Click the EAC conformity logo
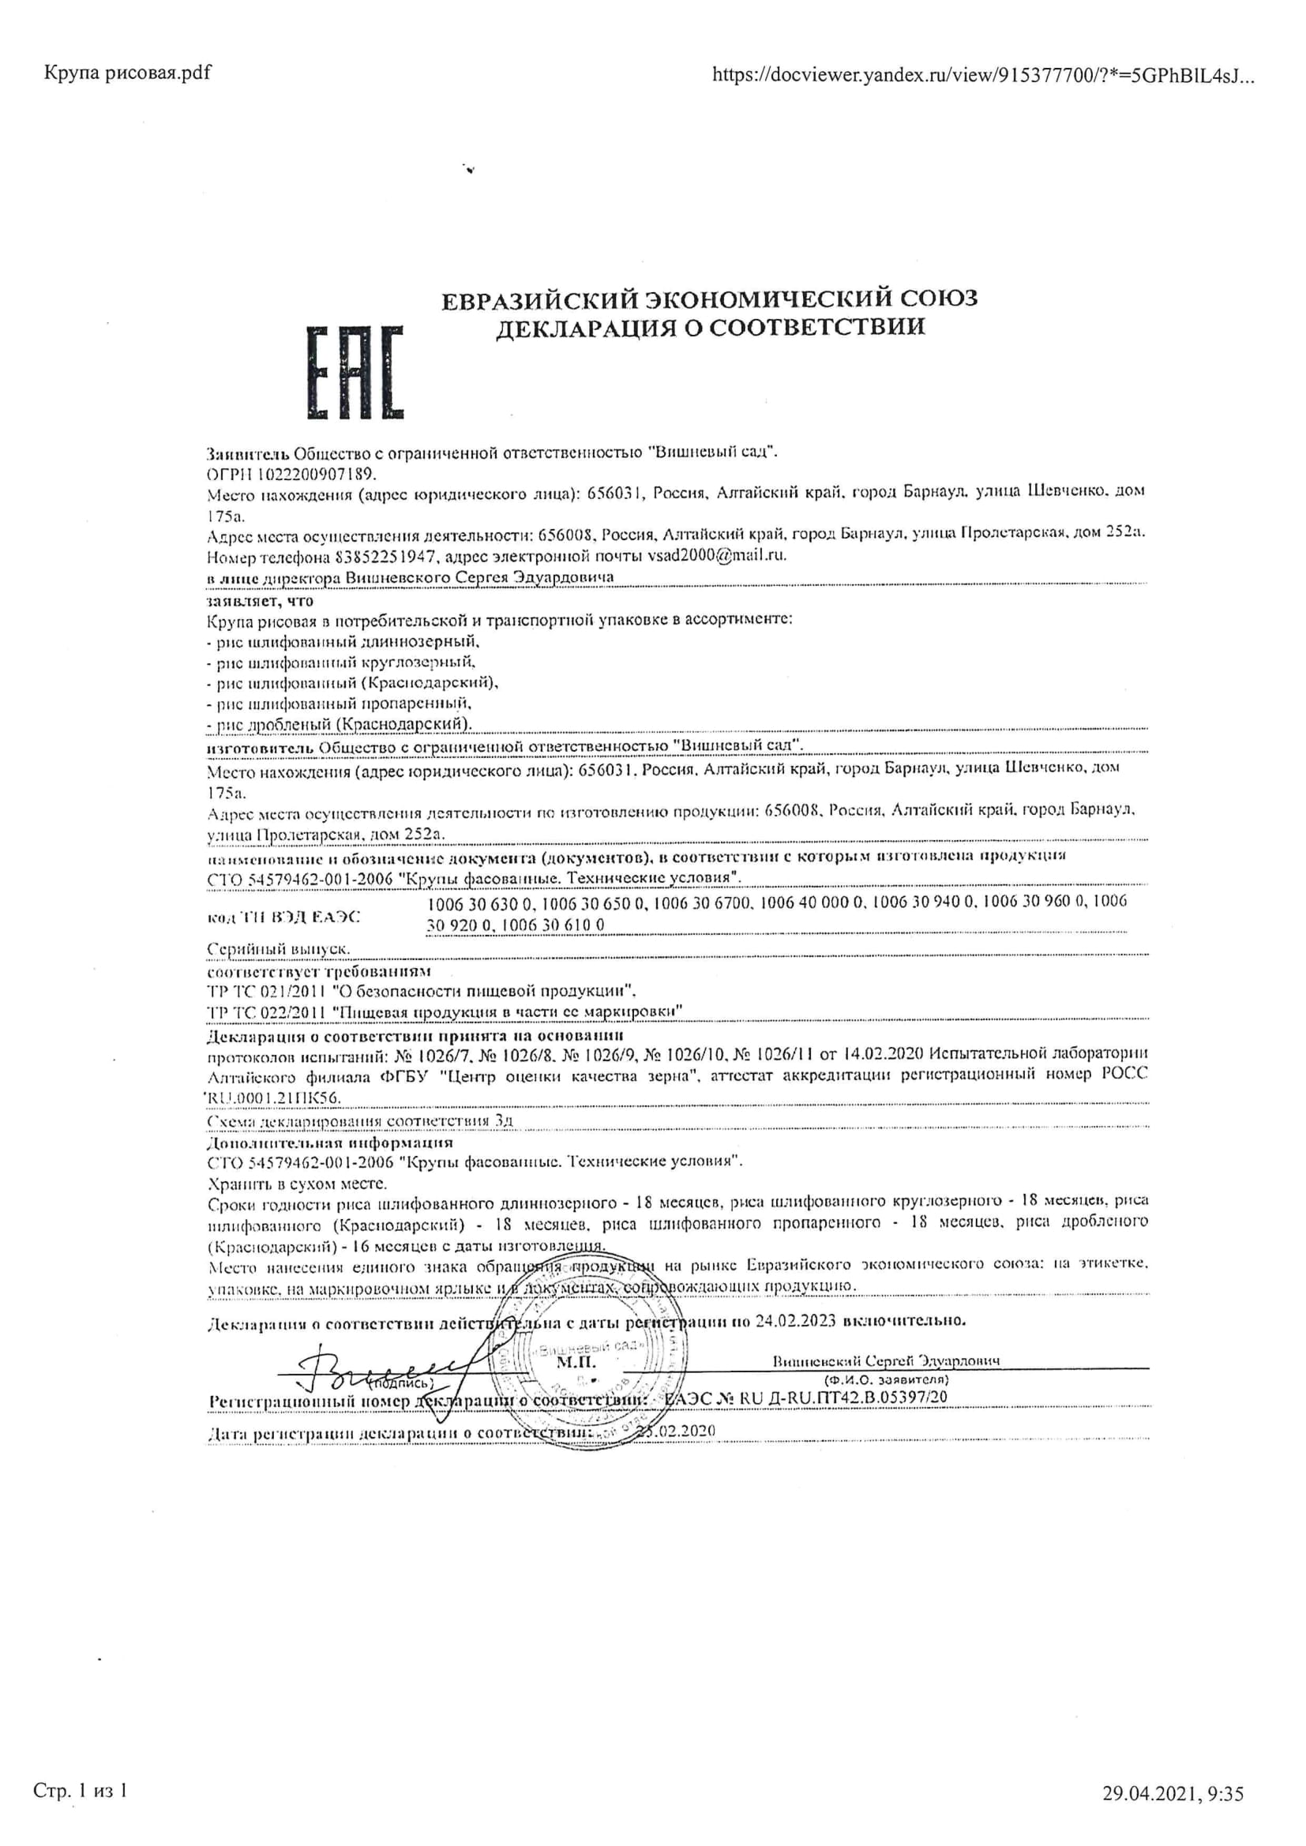(355, 372)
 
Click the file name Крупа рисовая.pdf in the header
(127, 73)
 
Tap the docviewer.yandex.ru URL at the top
(983, 76)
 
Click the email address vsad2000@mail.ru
(716, 556)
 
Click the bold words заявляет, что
(260, 601)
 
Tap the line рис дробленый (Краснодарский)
(340, 724)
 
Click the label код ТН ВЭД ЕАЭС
(285, 917)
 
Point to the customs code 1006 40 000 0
(812, 902)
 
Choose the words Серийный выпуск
(278, 950)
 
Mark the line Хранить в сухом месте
(298, 1184)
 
